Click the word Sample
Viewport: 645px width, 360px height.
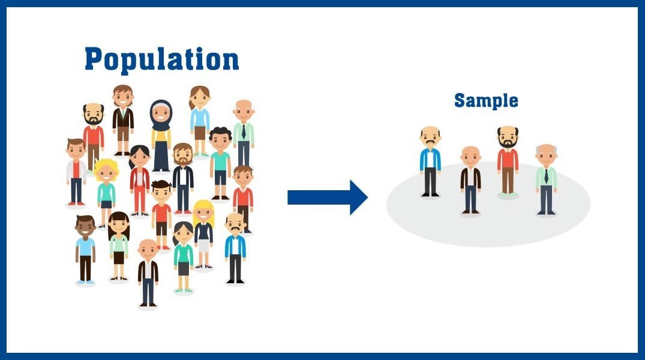tap(486, 100)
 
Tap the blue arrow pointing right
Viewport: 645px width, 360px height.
tap(328, 197)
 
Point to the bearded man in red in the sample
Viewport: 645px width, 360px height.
tap(508, 160)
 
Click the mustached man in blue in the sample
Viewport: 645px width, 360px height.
tap(430, 160)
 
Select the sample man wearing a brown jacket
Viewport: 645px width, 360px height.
tap(470, 179)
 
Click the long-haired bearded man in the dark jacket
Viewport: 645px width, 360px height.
tap(183, 177)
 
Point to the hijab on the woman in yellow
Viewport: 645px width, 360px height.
tap(161, 114)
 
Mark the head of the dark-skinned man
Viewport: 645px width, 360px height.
tap(85, 226)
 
